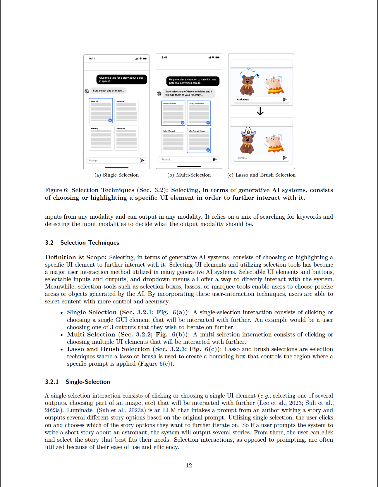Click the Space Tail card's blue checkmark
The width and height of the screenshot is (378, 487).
[110, 120]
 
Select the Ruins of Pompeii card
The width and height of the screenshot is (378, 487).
[173, 140]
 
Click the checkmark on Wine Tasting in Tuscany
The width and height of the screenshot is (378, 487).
[208, 150]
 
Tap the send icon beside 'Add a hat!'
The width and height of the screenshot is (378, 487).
[285, 99]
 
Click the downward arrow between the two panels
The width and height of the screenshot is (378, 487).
[260, 111]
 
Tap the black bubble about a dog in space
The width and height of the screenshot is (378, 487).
[121, 80]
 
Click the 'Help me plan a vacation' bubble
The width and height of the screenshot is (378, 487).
[193, 81]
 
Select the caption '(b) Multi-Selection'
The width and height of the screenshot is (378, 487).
[189, 175]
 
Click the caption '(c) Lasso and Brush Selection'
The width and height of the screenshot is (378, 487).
[261, 175]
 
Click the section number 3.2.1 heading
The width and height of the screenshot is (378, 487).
[52, 382]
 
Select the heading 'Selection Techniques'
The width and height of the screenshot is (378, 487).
[90, 243]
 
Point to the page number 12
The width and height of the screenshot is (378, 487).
[189, 465]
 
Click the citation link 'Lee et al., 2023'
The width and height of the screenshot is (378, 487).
[281, 403]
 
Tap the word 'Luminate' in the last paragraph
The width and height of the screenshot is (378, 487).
[80, 410]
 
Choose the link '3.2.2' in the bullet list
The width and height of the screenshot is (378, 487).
[143, 334]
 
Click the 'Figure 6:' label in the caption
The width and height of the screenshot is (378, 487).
[56, 190]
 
